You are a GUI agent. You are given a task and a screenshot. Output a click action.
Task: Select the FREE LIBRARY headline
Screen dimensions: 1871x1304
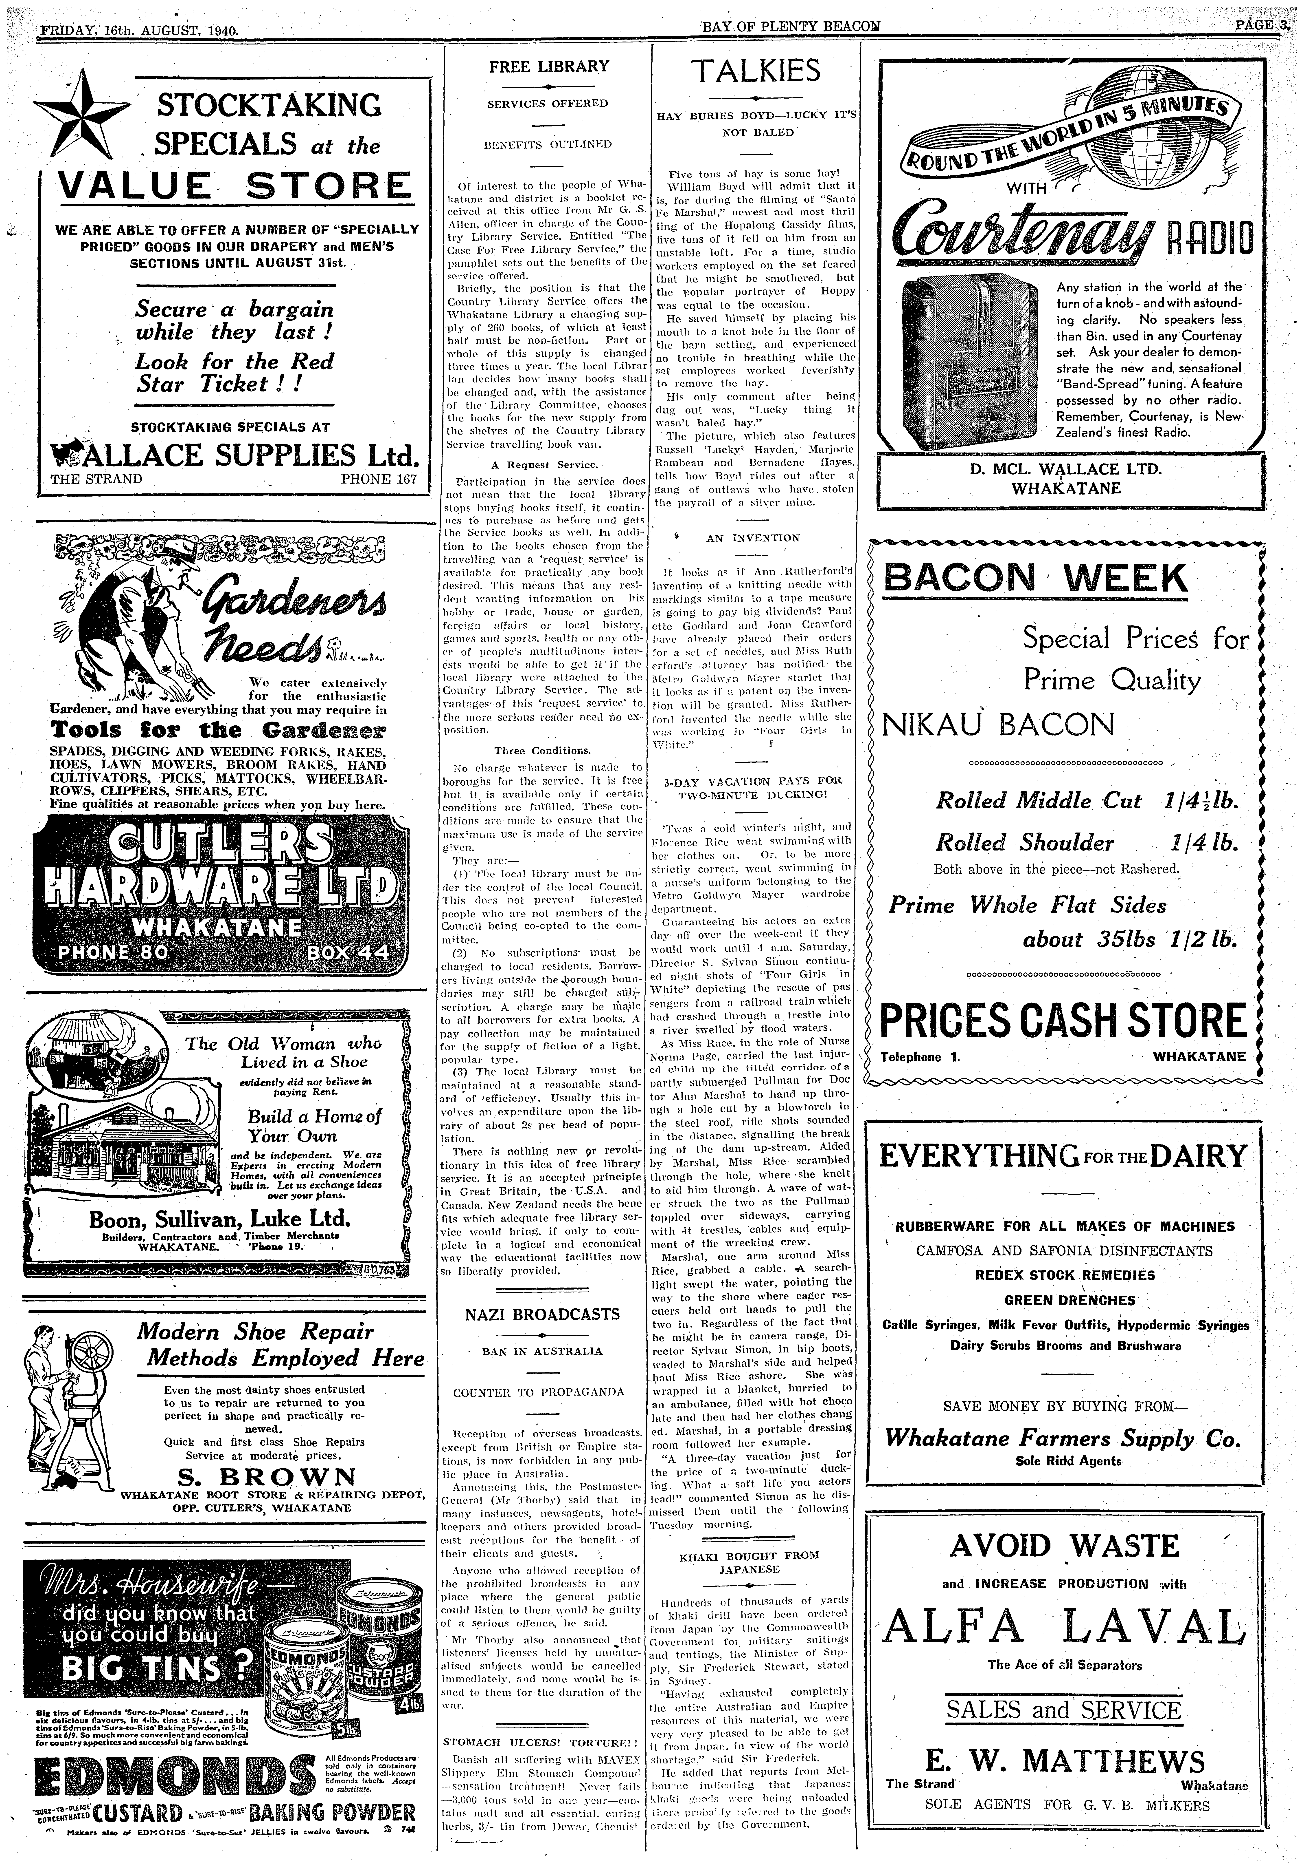[549, 67]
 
